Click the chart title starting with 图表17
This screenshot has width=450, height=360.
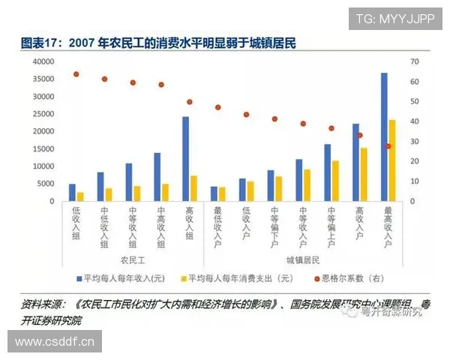(x=158, y=43)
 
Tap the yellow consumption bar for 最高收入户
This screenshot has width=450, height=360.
(x=392, y=160)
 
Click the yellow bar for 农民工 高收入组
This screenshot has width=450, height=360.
(x=193, y=188)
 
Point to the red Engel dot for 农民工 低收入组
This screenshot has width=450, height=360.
(x=76, y=74)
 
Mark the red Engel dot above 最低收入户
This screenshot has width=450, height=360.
(x=218, y=107)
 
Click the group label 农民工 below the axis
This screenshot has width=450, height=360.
(x=133, y=259)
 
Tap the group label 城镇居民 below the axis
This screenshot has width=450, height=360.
(x=302, y=259)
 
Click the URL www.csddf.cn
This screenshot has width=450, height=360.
(x=54, y=342)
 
